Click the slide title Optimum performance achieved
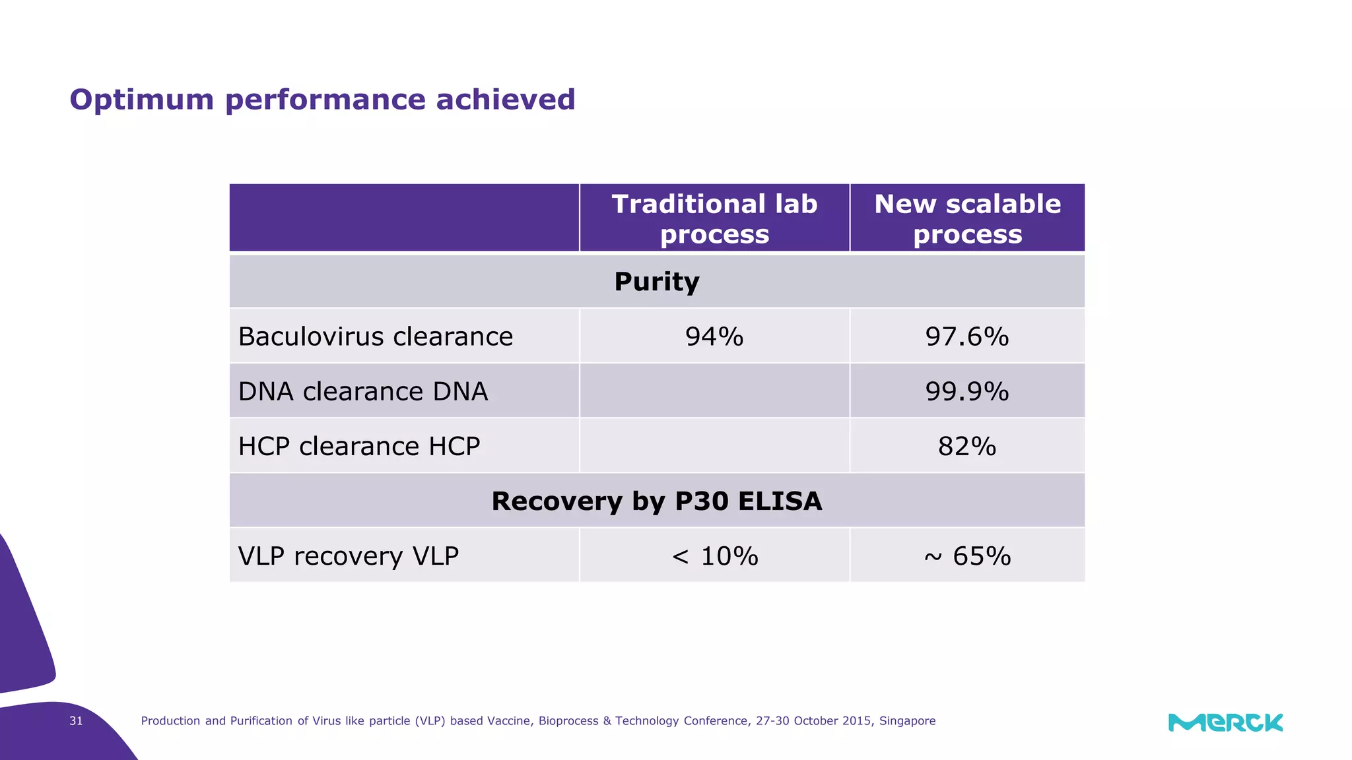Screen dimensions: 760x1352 (322, 100)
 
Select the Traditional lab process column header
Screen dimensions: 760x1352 (714, 218)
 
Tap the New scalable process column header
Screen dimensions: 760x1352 (967, 218)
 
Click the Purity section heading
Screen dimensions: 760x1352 (656, 282)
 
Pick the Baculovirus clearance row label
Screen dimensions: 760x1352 (375, 336)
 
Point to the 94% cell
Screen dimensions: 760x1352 (714, 336)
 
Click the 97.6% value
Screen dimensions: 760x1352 (967, 336)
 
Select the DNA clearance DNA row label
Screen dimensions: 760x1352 (362, 391)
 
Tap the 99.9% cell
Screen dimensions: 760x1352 (967, 391)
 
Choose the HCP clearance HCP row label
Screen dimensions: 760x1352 (358, 446)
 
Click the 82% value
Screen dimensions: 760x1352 (967, 446)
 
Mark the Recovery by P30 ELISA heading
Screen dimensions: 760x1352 (656, 501)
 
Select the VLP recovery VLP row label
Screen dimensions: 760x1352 (348, 555)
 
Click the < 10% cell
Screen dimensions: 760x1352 (714, 555)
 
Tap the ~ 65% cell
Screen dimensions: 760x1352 (967, 555)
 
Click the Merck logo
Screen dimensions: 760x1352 (1225, 722)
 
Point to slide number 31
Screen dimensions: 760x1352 (76, 720)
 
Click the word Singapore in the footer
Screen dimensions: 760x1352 (907, 720)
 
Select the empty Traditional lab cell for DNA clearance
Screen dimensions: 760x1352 (714, 391)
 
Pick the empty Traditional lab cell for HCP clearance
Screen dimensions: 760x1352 (714, 446)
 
